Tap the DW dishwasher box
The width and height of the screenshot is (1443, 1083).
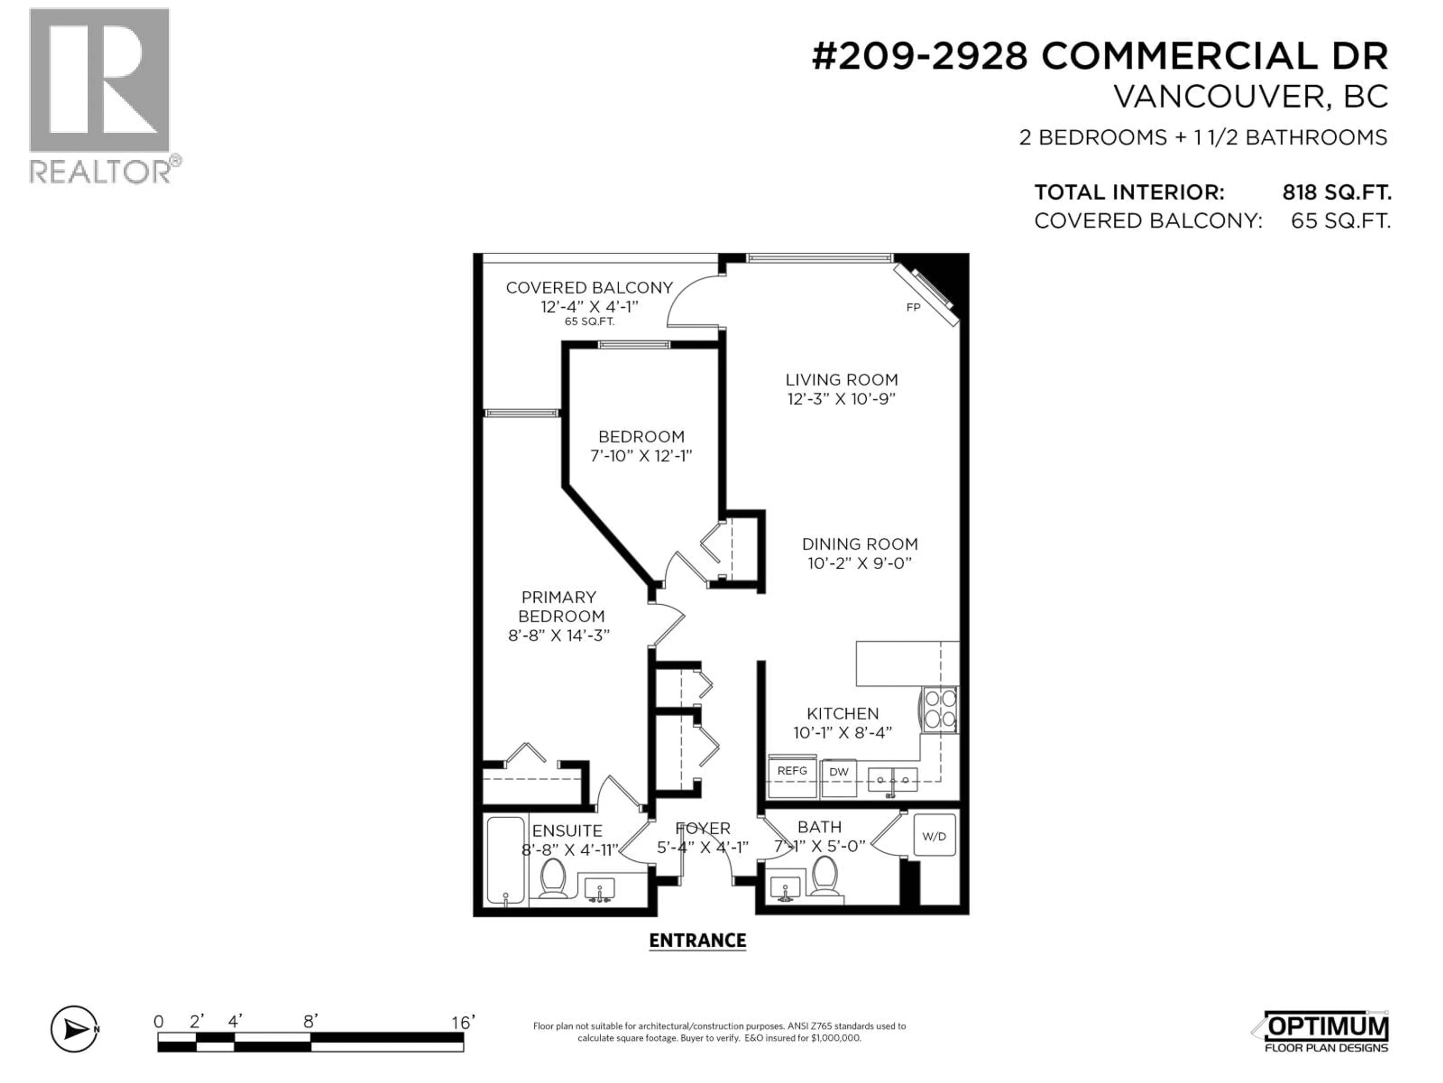coord(838,777)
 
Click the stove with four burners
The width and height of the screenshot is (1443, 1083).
coord(939,709)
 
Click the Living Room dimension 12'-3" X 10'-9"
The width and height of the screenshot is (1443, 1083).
coord(841,399)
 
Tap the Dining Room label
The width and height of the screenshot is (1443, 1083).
coord(860,544)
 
